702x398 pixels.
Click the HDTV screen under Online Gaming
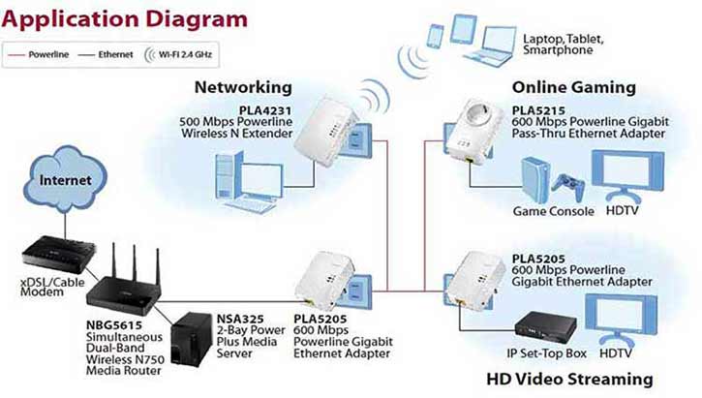click(x=626, y=174)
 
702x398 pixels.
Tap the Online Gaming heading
click(x=573, y=87)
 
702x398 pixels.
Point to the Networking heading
click(x=243, y=87)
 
